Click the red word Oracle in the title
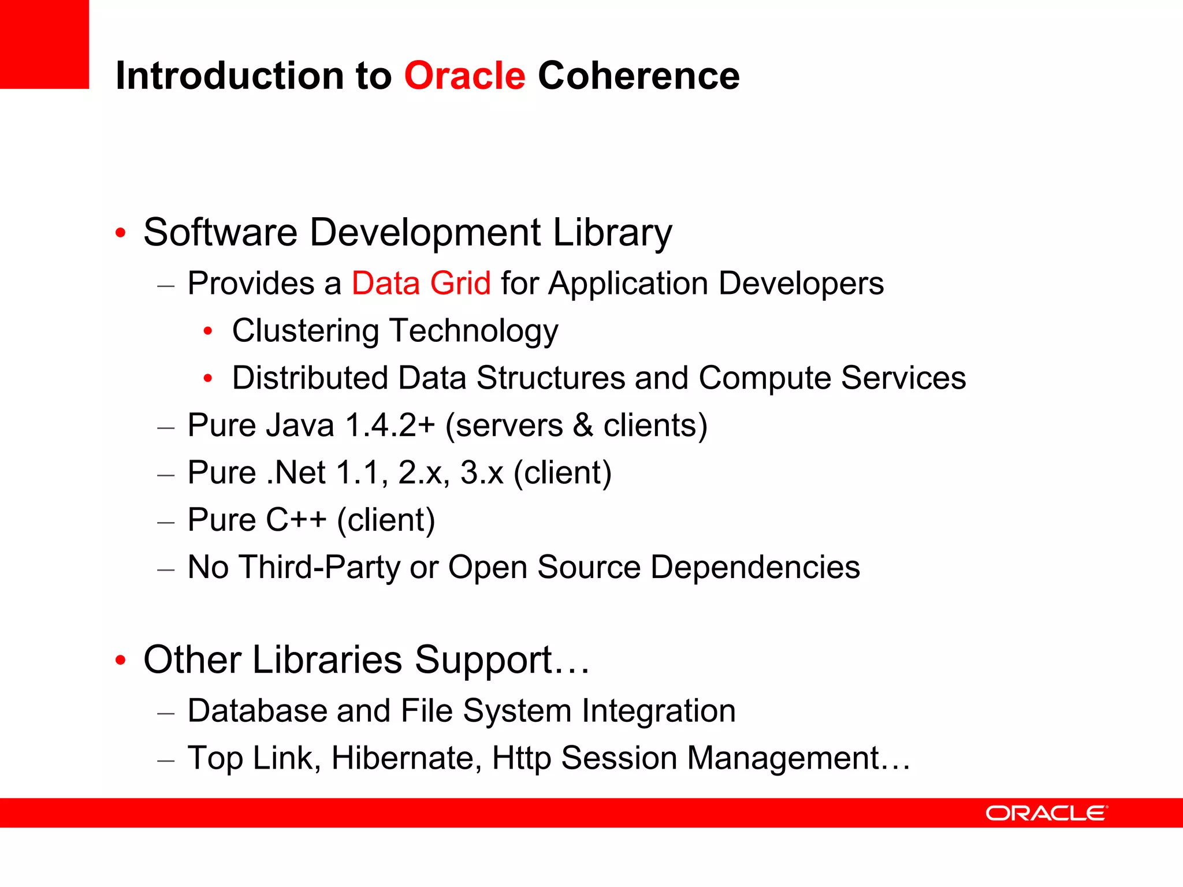[x=464, y=76]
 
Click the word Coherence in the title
[x=638, y=76]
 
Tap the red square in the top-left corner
[x=44, y=44]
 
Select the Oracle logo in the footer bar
[x=1046, y=813]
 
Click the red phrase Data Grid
[x=421, y=284]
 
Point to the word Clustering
[x=306, y=331]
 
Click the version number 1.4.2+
[x=389, y=426]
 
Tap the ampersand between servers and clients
[x=583, y=426]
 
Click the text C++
[x=296, y=520]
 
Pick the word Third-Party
[x=319, y=567]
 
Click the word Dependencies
[x=755, y=567]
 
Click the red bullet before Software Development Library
[x=120, y=233]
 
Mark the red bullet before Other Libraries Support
[x=120, y=660]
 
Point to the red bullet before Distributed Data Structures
[x=208, y=379]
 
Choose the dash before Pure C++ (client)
[x=166, y=522]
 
